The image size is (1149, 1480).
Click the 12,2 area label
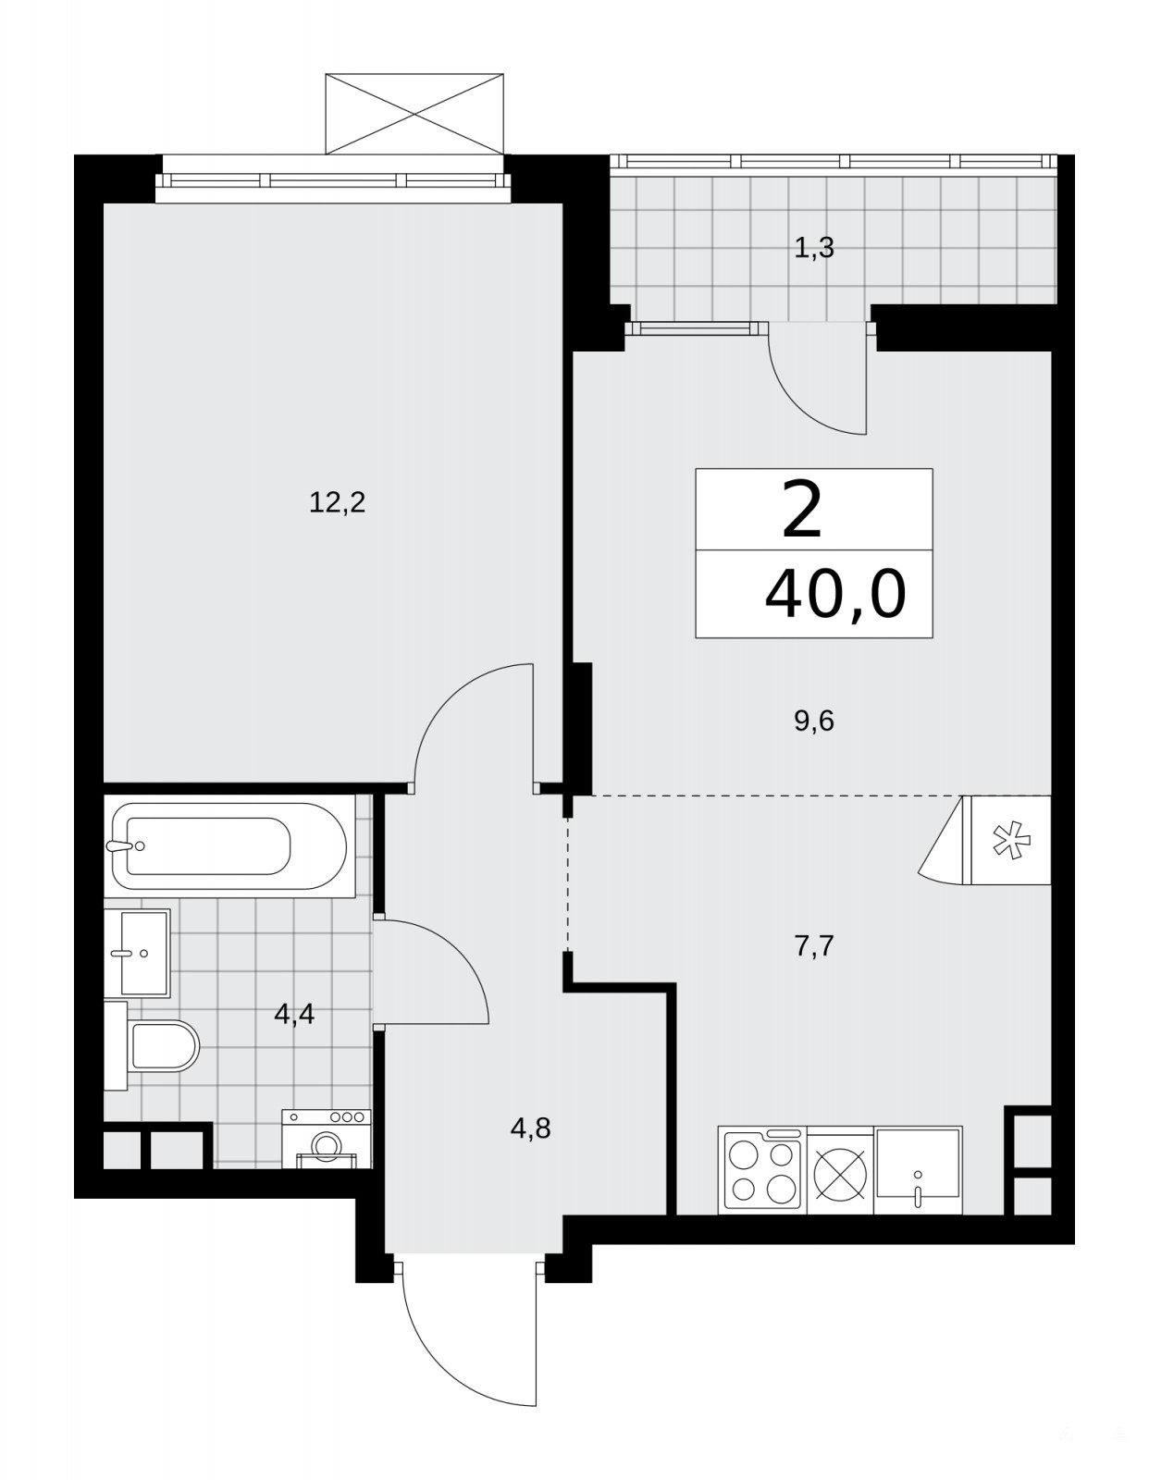click(x=337, y=503)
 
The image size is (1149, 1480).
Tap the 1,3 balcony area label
click(x=814, y=248)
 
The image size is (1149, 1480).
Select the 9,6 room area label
click(x=814, y=721)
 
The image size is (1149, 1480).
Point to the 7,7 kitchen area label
click(x=814, y=946)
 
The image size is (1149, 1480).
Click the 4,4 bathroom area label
click(x=294, y=1014)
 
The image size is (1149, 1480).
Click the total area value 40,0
click(x=835, y=594)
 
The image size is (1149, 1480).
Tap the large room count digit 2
click(x=802, y=509)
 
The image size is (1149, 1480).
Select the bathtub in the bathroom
click(x=229, y=845)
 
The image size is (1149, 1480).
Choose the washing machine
click(x=327, y=1139)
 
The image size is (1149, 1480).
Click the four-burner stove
click(x=762, y=1170)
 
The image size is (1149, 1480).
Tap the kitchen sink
click(x=918, y=1170)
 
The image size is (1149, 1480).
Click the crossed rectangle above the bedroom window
click(x=414, y=114)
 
